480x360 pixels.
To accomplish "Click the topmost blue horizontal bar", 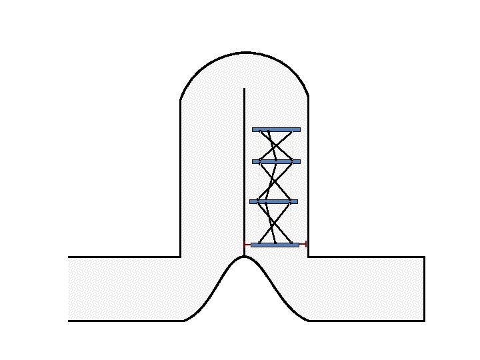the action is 276,129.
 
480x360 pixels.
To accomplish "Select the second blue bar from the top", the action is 276,161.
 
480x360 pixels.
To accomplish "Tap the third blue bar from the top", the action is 273,201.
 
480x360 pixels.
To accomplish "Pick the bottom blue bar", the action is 275,245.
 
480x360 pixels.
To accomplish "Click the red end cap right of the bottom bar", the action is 305,245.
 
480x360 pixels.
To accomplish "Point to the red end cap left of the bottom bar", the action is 245,245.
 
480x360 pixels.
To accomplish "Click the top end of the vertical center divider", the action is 245,89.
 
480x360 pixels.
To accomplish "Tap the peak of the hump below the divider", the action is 245,257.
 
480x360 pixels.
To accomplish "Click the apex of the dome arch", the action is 245,53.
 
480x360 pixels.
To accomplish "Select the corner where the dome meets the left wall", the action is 181,101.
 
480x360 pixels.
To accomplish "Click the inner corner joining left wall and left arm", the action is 181,256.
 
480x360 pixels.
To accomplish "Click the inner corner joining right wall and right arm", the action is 308,256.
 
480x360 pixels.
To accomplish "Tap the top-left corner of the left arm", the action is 69,256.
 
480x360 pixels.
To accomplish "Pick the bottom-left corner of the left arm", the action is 69,321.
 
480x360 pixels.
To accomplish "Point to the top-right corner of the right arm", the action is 425,256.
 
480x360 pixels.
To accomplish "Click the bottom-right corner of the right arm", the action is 425,321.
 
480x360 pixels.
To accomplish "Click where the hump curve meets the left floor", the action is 183,321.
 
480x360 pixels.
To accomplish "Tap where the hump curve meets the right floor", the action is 308,321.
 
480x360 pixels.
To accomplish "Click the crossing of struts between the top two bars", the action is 275,145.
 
